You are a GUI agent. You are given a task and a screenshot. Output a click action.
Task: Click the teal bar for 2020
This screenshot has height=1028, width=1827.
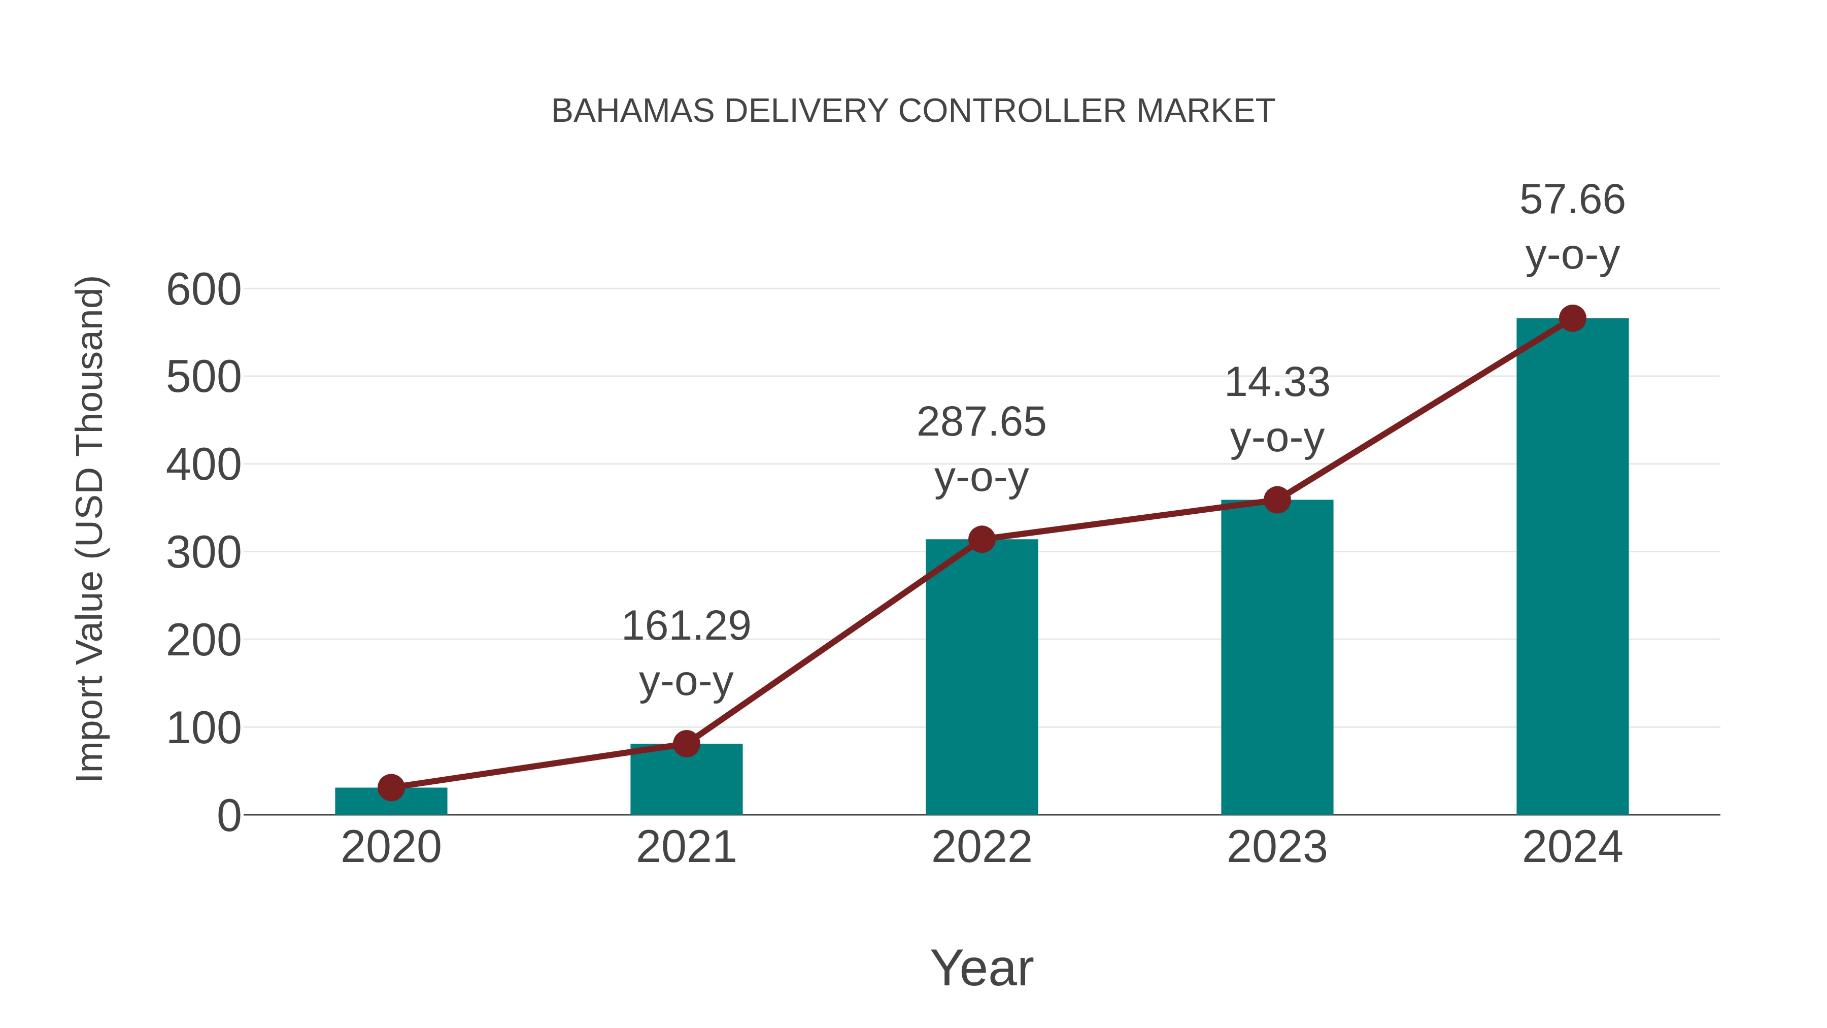(391, 801)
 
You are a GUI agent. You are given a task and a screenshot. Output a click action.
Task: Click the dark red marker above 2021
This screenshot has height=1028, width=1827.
(686, 744)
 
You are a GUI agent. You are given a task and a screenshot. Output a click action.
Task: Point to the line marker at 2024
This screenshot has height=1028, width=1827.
(1572, 318)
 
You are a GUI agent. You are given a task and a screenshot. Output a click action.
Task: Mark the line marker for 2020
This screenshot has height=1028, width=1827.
(391, 787)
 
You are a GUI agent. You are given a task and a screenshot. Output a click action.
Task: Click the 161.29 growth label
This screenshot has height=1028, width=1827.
(686, 626)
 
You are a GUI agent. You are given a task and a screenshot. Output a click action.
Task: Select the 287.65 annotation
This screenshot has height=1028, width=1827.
(982, 423)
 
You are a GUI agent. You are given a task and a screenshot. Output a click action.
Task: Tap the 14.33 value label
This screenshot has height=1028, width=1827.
(1277, 383)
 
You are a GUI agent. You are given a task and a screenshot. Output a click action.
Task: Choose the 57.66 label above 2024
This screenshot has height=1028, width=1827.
(1572, 200)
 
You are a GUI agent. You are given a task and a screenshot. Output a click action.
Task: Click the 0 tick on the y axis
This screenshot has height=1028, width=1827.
(229, 815)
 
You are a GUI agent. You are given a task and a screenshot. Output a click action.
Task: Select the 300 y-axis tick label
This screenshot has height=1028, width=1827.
(204, 553)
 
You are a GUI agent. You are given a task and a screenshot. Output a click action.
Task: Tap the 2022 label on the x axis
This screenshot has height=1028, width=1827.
(982, 847)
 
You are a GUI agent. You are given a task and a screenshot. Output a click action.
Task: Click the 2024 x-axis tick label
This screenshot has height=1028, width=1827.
(1572, 847)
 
